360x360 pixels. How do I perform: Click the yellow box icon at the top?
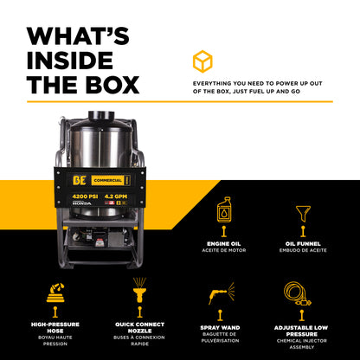(x=201, y=61)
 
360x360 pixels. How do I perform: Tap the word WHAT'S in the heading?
(x=78, y=36)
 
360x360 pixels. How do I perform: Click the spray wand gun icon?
(x=222, y=292)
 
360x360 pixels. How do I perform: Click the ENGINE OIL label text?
(x=224, y=245)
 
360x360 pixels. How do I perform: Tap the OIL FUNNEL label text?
(x=305, y=245)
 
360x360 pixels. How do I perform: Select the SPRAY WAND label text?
(x=222, y=330)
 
